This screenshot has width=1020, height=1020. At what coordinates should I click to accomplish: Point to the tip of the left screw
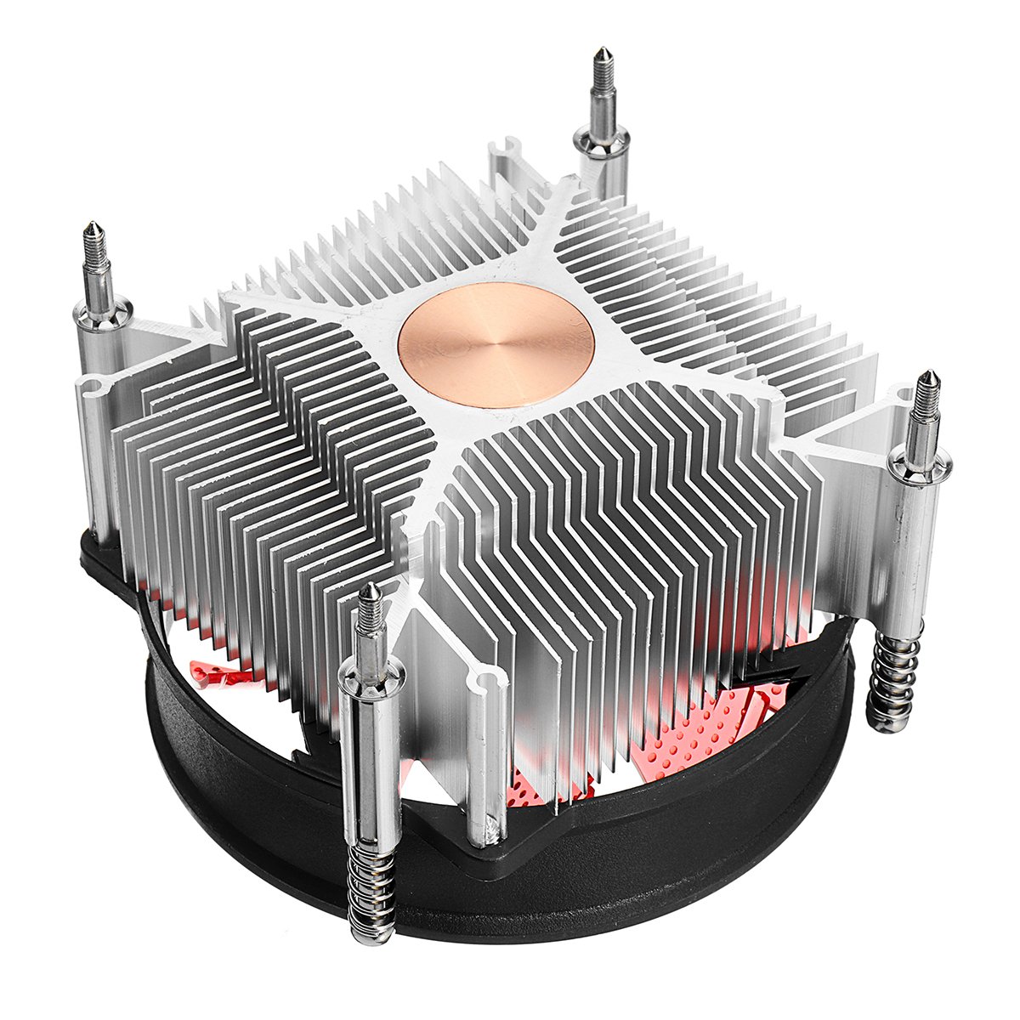(93, 228)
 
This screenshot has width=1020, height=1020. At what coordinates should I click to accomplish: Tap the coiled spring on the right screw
(895, 680)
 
